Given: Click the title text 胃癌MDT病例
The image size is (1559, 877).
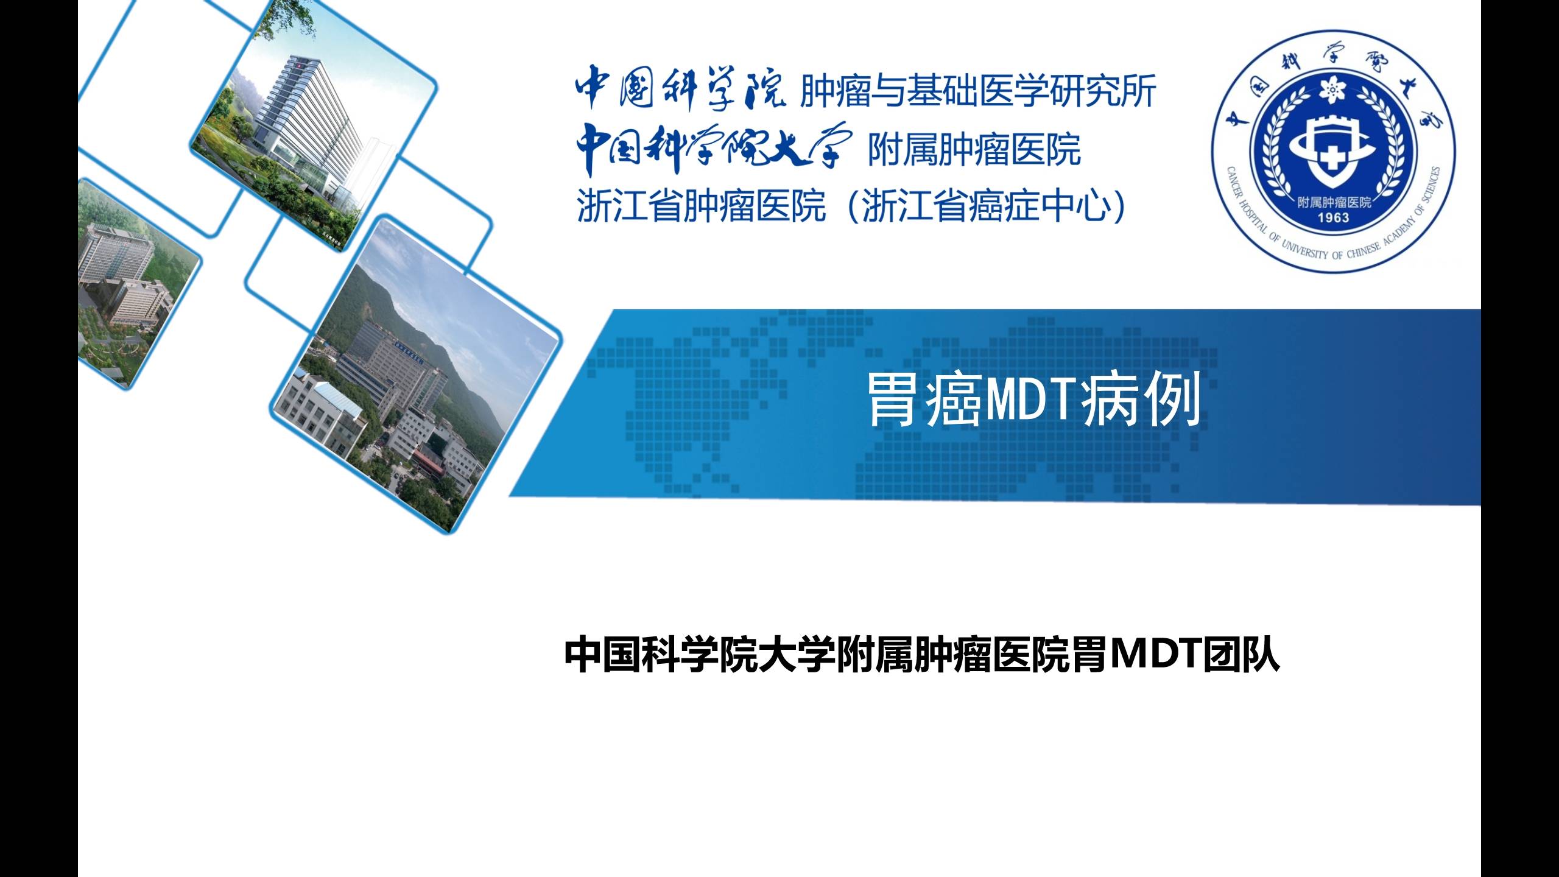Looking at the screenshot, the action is click(x=1033, y=400).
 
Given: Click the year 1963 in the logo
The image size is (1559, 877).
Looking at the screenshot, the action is click(x=1333, y=218).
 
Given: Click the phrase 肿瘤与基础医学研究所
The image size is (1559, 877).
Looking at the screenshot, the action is click(x=978, y=93).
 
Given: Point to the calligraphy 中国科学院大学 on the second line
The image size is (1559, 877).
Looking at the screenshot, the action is click(x=711, y=148).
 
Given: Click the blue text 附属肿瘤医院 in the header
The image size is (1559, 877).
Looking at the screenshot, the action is click(x=974, y=150).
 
